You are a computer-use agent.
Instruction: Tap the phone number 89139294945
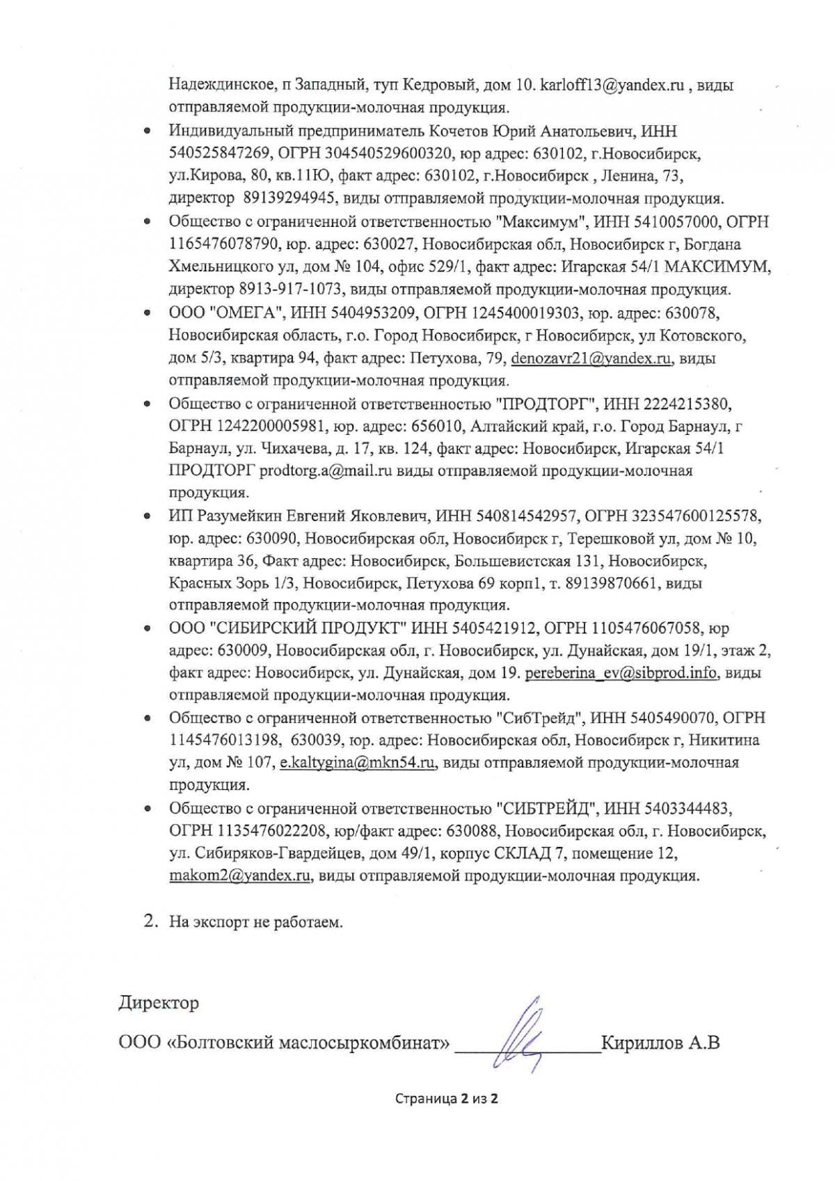tap(290, 198)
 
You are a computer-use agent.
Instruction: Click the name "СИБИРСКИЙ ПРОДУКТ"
tap(308, 628)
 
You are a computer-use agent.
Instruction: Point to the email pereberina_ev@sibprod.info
tap(621, 674)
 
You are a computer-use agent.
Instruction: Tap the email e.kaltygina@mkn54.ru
tap(358, 763)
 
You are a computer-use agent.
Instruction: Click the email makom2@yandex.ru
tap(239, 875)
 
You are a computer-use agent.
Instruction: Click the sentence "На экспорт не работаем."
tap(256, 923)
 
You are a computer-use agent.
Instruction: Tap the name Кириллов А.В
tap(660, 1043)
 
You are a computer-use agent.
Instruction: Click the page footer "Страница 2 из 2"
tap(446, 1099)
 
